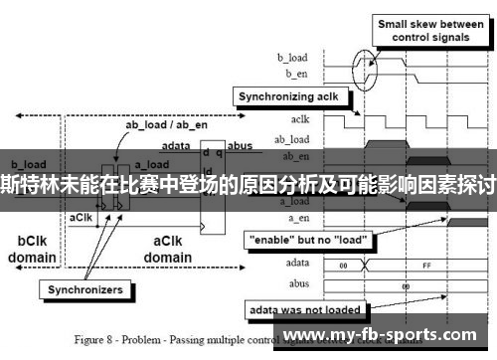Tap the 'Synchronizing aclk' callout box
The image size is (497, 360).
click(288, 97)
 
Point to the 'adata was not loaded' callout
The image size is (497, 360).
click(308, 309)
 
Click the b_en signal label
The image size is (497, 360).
click(296, 74)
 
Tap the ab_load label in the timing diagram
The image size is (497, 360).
click(292, 138)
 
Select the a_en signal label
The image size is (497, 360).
click(297, 218)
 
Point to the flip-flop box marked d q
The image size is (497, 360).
click(212, 189)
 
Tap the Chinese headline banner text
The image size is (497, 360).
click(248, 181)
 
